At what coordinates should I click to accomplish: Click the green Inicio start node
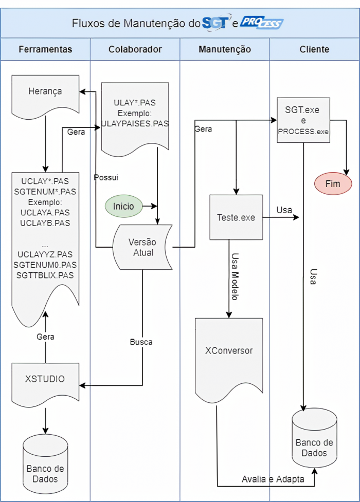(123, 206)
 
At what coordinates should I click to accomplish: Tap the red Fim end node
(333, 183)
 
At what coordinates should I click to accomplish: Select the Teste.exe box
(236, 217)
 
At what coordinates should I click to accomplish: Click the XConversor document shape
(229, 351)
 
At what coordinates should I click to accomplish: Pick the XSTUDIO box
(45, 379)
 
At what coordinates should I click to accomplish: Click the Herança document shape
(45, 91)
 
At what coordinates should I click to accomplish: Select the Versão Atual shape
(142, 247)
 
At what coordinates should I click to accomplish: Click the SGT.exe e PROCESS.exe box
(303, 120)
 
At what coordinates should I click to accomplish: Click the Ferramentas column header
(45, 49)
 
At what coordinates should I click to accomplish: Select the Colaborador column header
(135, 49)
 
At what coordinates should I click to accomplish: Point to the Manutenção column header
(225, 49)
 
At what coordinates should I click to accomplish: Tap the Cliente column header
(314, 49)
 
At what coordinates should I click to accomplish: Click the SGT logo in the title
(216, 23)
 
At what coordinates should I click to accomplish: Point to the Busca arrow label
(141, 342)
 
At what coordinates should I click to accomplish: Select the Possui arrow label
(106, 177)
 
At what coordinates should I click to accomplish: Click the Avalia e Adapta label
(273, 479)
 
